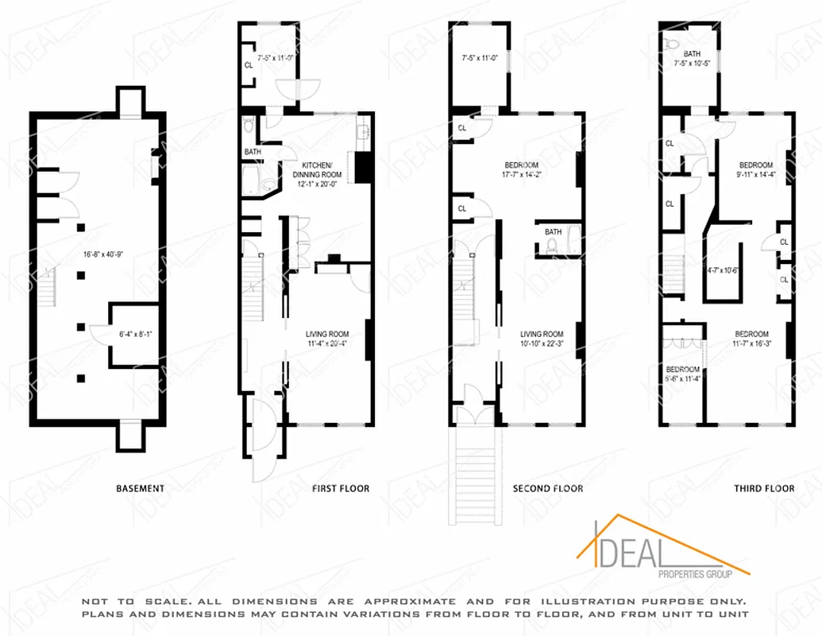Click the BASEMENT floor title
[140, 488]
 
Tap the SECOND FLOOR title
[548, 488]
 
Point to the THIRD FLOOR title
[763, 488]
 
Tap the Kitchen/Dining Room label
[317, 169]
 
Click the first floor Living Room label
[329, 339]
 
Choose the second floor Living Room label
[542, 339]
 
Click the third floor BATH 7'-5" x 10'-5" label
[693, 59]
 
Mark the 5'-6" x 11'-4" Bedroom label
[682, 374]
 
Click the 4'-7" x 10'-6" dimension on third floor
[723, 270]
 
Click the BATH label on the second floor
[554, 232]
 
